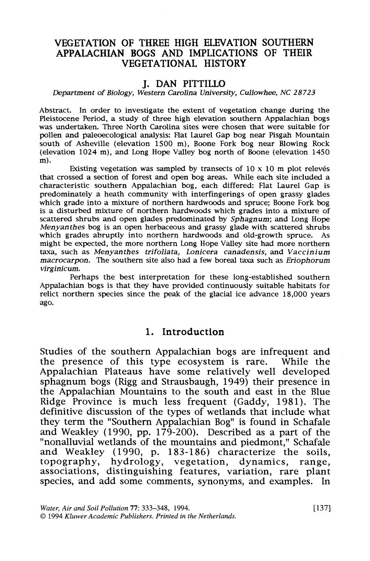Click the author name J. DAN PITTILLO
point(185,83)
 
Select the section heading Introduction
point(193,332)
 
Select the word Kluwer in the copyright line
point(74,516)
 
